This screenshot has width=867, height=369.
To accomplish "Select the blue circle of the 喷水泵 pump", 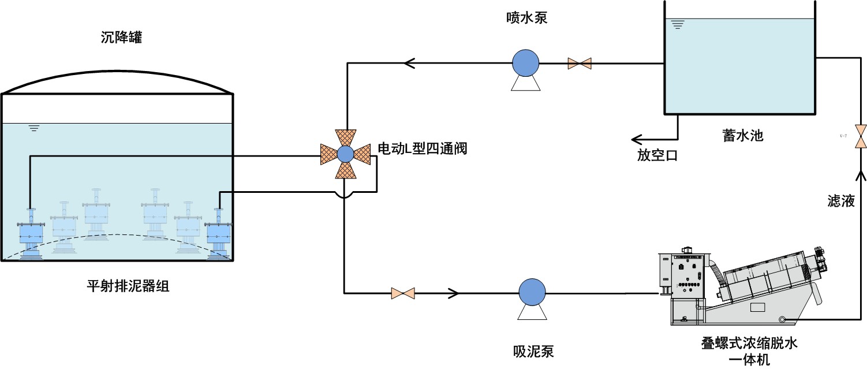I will pyautogui.click(x=525, y=61).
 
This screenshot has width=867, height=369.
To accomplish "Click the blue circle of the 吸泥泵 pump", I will pyautogui.click(x=531, y=292).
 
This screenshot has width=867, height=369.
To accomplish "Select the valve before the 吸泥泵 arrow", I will pyautogui.click(x=403, y=293).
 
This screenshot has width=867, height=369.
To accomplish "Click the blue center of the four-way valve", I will pyautogui.click(x=345, y=154).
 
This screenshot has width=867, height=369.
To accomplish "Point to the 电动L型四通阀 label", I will pyautogui.click(x=421, y=149).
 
